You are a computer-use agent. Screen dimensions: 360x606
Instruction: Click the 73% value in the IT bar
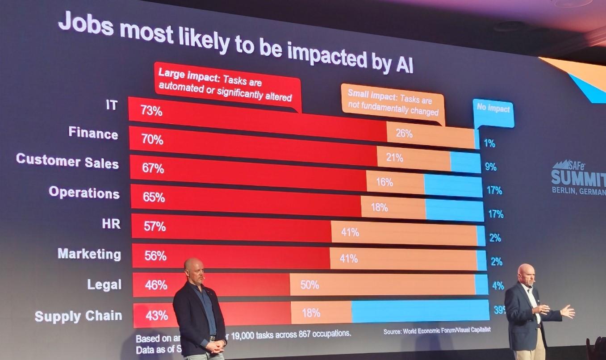click(x=151, y=111)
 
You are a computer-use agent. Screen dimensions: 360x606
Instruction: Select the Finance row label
click(x=93, y=133)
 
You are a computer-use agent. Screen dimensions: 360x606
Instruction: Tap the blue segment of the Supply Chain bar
click(x=420, y=311)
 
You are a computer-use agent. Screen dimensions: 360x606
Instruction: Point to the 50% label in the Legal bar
click(x=309, y=285)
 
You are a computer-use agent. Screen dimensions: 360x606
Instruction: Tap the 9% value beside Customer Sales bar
click(x=490, y=167)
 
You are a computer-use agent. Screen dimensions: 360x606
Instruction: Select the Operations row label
click(x=84, y=192)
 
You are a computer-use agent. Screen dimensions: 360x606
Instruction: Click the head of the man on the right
click(x=526, y=275)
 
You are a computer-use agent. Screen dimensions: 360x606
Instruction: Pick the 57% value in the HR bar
click(x=155, y=226)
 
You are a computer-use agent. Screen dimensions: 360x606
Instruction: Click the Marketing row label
click(x=89, y=254)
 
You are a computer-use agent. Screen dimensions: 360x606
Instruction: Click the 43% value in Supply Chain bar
click(x=157, y=315)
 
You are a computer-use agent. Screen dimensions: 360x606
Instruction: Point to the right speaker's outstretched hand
click(x=568, y=311)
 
